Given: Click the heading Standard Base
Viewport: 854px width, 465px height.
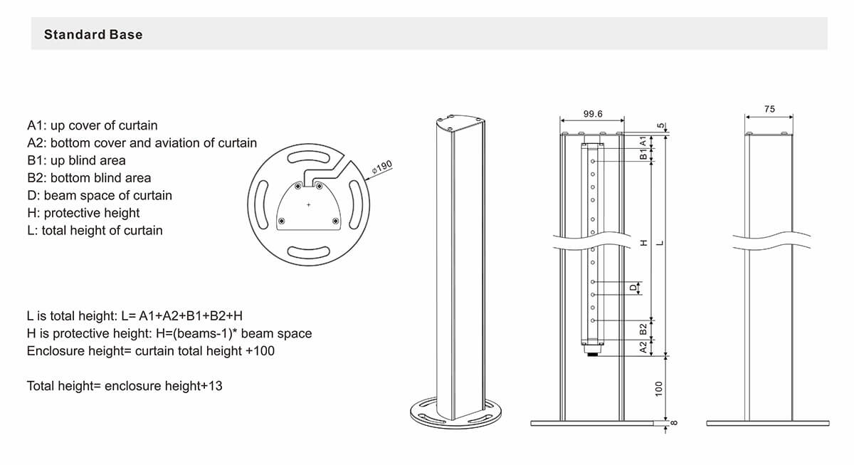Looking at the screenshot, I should (93, 34).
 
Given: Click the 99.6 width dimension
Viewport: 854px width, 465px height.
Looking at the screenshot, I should (592, 114).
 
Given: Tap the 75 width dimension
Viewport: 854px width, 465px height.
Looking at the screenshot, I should (769, 109).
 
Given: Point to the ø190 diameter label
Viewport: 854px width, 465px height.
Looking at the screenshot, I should (382, 168).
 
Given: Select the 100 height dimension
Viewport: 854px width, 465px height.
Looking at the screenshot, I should (659, 389).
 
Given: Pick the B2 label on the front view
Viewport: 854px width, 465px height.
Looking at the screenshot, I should (643, 328).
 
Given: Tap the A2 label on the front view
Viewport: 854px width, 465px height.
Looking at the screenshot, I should (643, 347).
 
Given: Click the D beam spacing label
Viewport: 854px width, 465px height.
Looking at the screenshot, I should (631, 288).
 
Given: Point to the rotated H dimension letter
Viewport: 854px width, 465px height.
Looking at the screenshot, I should (644, 243).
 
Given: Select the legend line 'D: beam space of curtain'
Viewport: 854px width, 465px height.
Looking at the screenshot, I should (99, 195).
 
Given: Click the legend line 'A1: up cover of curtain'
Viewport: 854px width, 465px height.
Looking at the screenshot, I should (92, 125).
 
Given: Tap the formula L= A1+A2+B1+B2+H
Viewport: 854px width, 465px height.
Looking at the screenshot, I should (138, 315).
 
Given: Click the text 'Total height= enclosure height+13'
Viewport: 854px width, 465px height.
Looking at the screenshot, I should (125, 386).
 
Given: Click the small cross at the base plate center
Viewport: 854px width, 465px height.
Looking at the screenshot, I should (308, 205).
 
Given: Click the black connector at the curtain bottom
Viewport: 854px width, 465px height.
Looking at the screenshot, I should (592, 352).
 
